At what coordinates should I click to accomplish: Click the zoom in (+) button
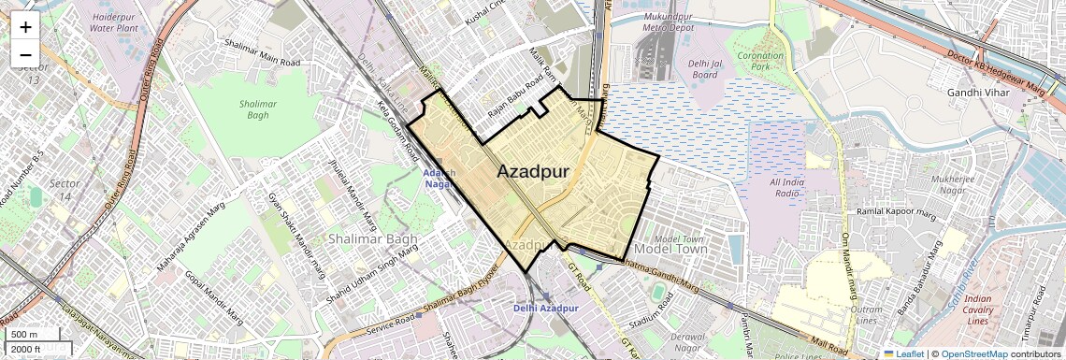[25, 26]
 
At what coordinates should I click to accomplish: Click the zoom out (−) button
[25, 55]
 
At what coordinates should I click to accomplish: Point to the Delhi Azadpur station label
[546, 308]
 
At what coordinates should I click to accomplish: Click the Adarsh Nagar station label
[439, 179]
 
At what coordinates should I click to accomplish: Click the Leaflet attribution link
[902, 353]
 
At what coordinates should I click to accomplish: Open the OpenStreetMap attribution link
[973, 353]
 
